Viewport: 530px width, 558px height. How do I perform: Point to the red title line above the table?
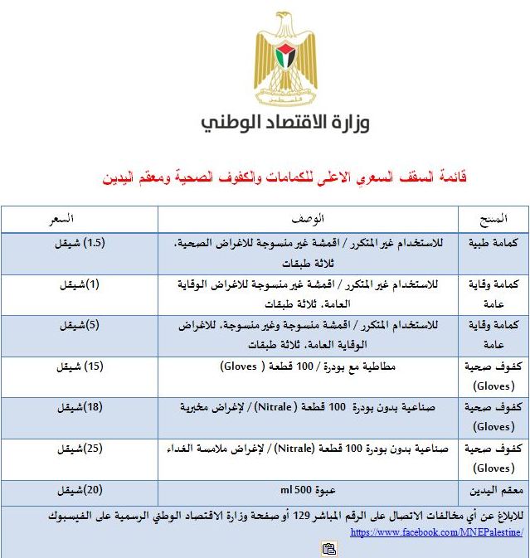284,177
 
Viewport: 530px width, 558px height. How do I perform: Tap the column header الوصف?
309,219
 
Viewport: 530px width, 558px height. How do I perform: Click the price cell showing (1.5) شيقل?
80,244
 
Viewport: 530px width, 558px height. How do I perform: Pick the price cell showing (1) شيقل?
79,284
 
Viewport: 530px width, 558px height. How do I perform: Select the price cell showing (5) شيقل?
79,326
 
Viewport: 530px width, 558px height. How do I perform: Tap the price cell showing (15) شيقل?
80,366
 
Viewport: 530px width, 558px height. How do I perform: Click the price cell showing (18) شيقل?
79,408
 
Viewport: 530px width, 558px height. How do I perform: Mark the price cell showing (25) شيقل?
79,449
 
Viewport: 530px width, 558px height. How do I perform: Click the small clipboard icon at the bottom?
329,548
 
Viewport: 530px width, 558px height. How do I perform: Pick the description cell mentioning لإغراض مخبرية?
308,408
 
